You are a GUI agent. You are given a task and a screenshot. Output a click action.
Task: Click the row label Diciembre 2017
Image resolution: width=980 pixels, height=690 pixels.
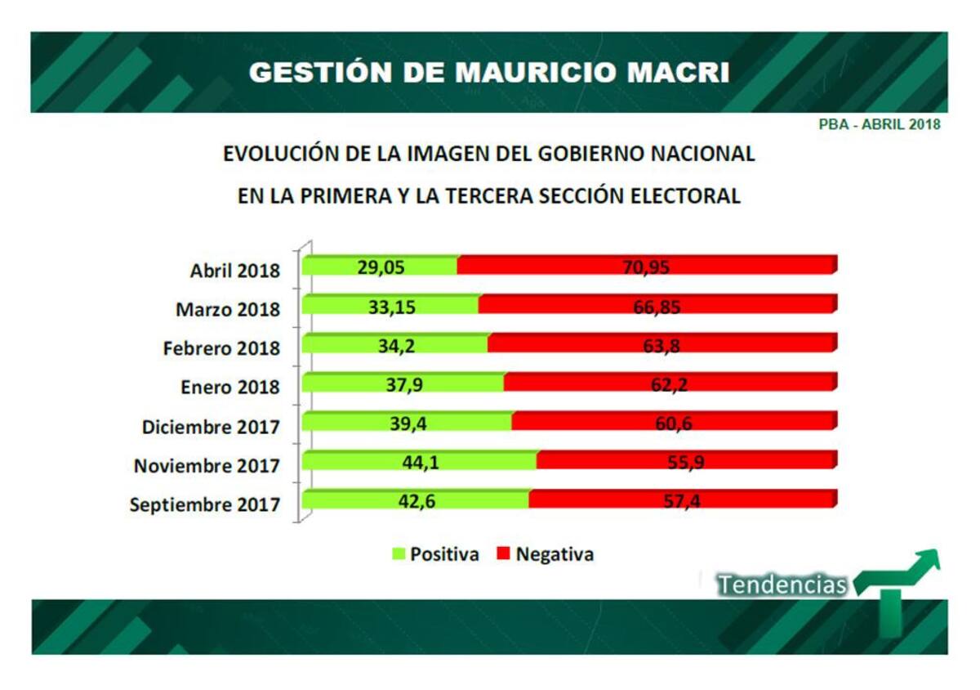coord(211,427)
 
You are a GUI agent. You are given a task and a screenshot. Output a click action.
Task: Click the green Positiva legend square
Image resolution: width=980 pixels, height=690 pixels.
coord(399,554)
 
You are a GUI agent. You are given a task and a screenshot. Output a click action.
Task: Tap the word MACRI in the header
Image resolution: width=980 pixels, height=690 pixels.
coord(672,73)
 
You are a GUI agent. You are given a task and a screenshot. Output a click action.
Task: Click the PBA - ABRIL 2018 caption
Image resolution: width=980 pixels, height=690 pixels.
coord(880,125)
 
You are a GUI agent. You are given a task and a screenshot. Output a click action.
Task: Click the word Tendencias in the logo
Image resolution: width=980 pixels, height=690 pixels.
coord(782,585)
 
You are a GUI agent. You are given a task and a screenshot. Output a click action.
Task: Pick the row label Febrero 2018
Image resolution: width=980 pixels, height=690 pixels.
coord(221,348)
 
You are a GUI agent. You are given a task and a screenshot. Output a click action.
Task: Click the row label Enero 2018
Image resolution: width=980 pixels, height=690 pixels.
coord(230,388)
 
